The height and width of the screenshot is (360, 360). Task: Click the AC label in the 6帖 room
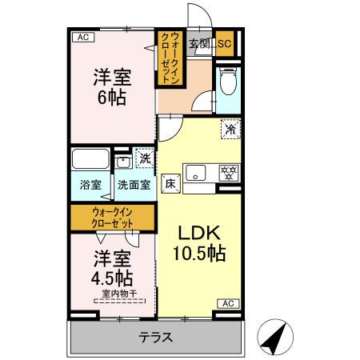pos(82,37)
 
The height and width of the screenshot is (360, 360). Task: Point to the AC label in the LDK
pos(228,303)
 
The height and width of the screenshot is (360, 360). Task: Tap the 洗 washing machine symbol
pos(144,158)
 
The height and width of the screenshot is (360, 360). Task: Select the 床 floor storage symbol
pos(170,182)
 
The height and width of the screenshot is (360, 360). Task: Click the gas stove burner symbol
pos(229,172)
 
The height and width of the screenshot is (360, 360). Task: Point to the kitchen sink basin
pos(197,172)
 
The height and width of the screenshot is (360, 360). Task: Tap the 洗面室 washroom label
pos(134,186)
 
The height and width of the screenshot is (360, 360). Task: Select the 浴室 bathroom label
pos(90,186)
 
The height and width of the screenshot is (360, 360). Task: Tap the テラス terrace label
pos(156,337)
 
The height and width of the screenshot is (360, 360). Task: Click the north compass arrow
pos(277,337)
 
